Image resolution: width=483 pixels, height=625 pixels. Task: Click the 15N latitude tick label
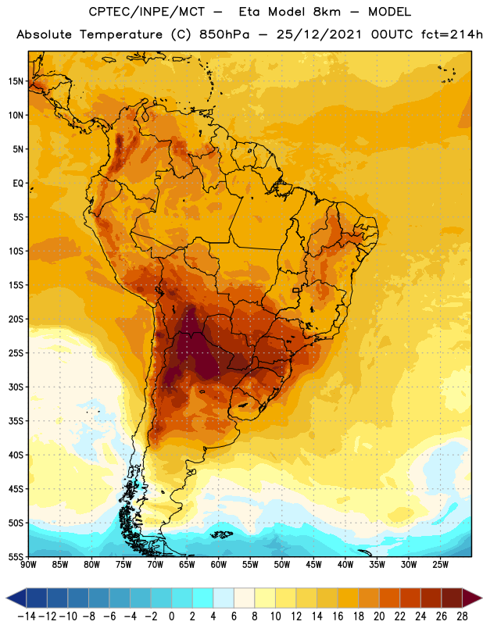click(16, 81)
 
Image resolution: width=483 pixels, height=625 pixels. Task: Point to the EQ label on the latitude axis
click(18, 184)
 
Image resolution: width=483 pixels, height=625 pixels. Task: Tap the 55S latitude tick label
click(16, 556)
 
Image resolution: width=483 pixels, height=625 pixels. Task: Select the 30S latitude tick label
click(16, 387)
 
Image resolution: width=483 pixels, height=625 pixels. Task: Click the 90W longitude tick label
click(28, 565)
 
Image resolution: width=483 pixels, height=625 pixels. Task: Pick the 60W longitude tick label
click(219, 565)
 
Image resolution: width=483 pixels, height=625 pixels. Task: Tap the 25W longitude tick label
click(440, 565)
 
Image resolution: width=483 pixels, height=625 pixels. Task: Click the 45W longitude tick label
click(313, 565)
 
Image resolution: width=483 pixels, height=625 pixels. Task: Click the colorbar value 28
click(462, 616)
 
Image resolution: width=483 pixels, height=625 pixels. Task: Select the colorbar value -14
click(27, 616)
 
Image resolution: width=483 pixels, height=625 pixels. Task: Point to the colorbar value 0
click(171, 616)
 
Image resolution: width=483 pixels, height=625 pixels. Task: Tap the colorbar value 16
click(338, 616)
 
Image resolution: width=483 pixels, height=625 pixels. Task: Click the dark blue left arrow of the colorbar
click(16, 598)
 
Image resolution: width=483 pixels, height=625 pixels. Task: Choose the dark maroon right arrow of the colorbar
click(472, 598)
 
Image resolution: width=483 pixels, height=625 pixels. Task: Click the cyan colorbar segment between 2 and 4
click(202, 598)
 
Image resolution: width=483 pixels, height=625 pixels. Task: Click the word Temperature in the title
click(121, 34)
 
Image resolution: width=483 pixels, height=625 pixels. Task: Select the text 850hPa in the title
click(224, 34)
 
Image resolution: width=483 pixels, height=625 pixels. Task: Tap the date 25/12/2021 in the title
click(319, 34)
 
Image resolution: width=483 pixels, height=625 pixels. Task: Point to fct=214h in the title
click(452, 34)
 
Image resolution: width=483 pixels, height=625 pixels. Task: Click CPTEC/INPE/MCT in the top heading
click(147, 12)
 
